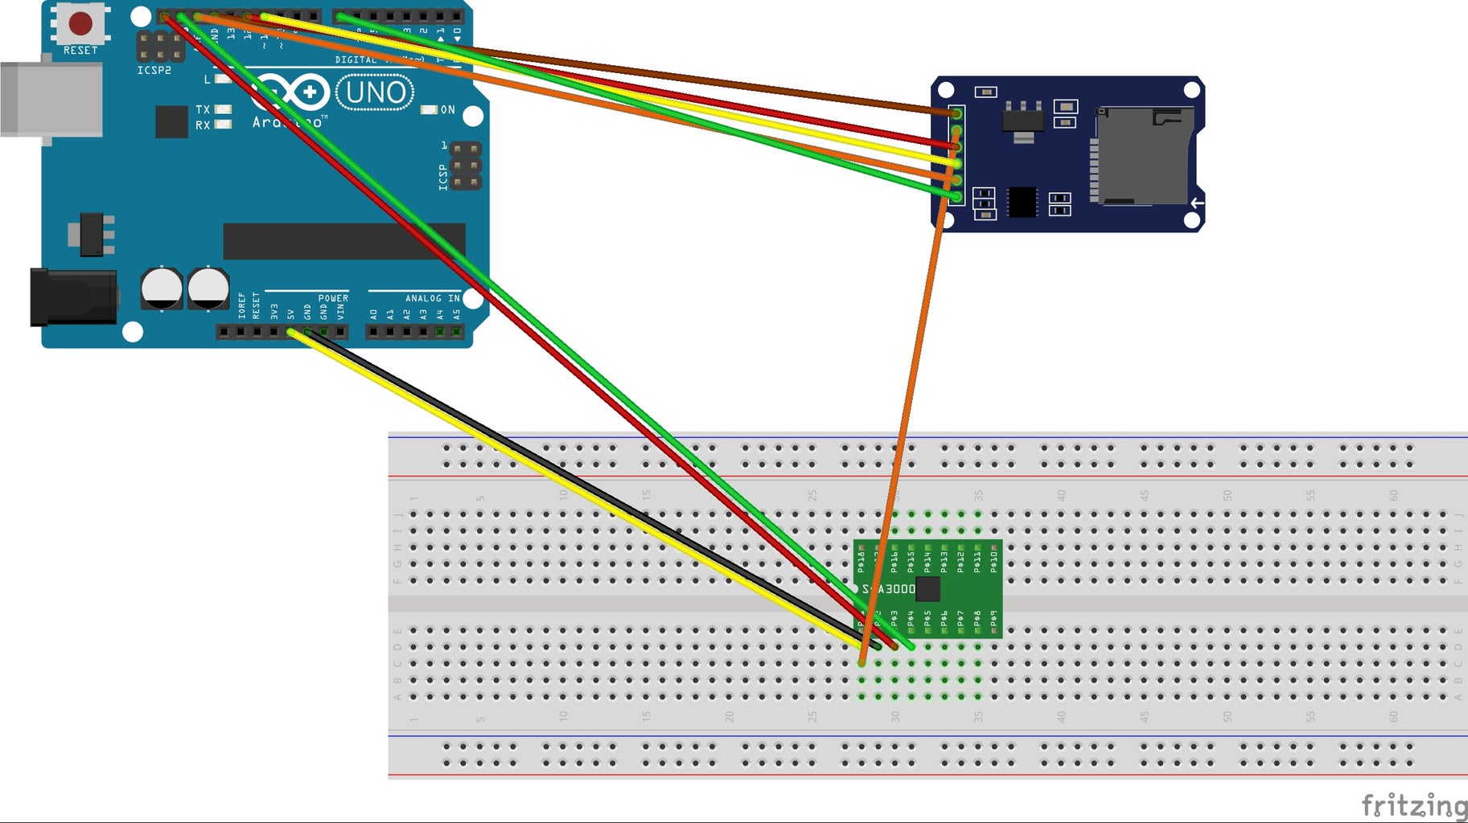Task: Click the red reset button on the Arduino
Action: coord(80,23)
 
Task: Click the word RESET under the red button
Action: coord(80,51)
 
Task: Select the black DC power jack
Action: coord(72,297)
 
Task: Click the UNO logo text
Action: coord(375,92)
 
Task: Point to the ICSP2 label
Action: coord(154,71)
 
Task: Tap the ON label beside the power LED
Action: coord(447,110)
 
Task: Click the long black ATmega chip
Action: coord(343,241)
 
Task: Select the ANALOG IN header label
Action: coord(432,298)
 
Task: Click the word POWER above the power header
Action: coord(333,298)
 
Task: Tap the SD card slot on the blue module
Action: coord(1142,157)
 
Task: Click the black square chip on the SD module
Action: coord(1022,202)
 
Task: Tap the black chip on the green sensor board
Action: coord(928,589)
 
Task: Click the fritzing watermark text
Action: coord(1413,805)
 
